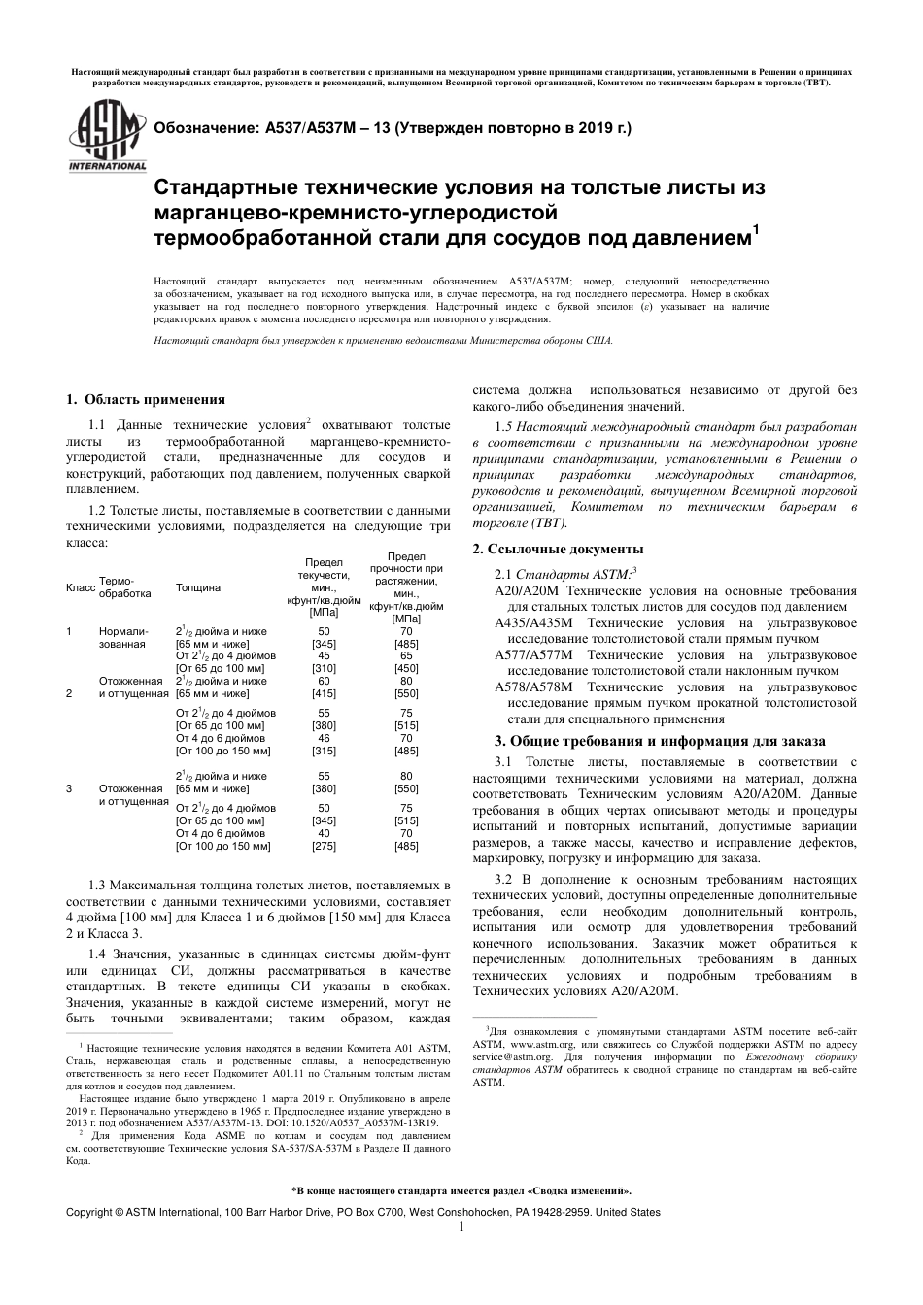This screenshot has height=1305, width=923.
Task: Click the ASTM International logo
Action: click(105, 135)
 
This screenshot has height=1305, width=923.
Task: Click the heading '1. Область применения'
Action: click(145, 399)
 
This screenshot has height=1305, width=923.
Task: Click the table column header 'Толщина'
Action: click(197, 587)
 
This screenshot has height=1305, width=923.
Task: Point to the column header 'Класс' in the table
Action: click(80, 587)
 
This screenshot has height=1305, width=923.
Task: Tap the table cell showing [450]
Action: click(406, 668)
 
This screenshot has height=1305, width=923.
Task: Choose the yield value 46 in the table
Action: click(324, 738)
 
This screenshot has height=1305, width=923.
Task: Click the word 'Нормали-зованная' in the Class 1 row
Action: click(121, 638)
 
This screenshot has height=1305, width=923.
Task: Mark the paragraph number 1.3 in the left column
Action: click(96, 887)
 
